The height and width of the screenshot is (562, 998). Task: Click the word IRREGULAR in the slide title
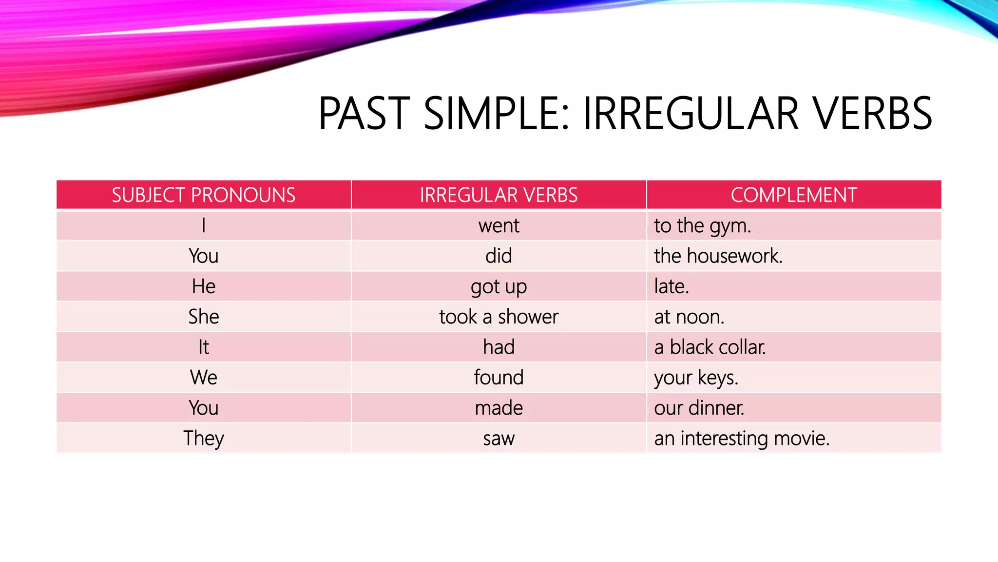pyautogui.click(x=691, y=113)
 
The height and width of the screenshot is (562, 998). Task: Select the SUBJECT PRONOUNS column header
pyautogui.click(x=204, y=195)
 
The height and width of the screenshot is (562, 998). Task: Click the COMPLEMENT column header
pyautogui.click(x=793, y=195)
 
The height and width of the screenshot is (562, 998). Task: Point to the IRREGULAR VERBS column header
pyautogui.click(x=499, y=195)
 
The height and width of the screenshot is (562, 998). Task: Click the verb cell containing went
pyautogui.click(x=499, y=226)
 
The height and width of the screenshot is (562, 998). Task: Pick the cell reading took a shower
pyautogui.click(x=499, y=317)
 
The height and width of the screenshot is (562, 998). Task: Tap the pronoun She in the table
pyautogui.click(x=204, y=317)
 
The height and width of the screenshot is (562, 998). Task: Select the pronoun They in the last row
pyautogui.click(x=204, y=438)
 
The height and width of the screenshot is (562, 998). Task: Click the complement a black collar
pyautogui.click(x=710, y=347)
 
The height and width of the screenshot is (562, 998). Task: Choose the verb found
pyautogui.click(x=499, y=378)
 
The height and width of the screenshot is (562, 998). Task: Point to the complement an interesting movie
pyautogui.click(x=741, y=438)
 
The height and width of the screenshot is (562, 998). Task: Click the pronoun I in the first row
pyautogui.click(x=204, y=226)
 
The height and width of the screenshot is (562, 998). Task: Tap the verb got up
pyautogui.click(x=499, y=287)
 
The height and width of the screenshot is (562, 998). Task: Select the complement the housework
pyautogui.click(x=718, y=256)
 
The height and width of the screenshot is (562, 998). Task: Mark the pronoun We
pyautogui.click(x=204, y=378)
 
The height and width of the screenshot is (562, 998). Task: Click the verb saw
pyautogui.click(x=499, y=438)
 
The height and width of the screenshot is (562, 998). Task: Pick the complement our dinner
pyautogui.click(x=699, y=408)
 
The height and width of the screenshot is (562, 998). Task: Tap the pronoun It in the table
pyautogui.click(x=204, y=347)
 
